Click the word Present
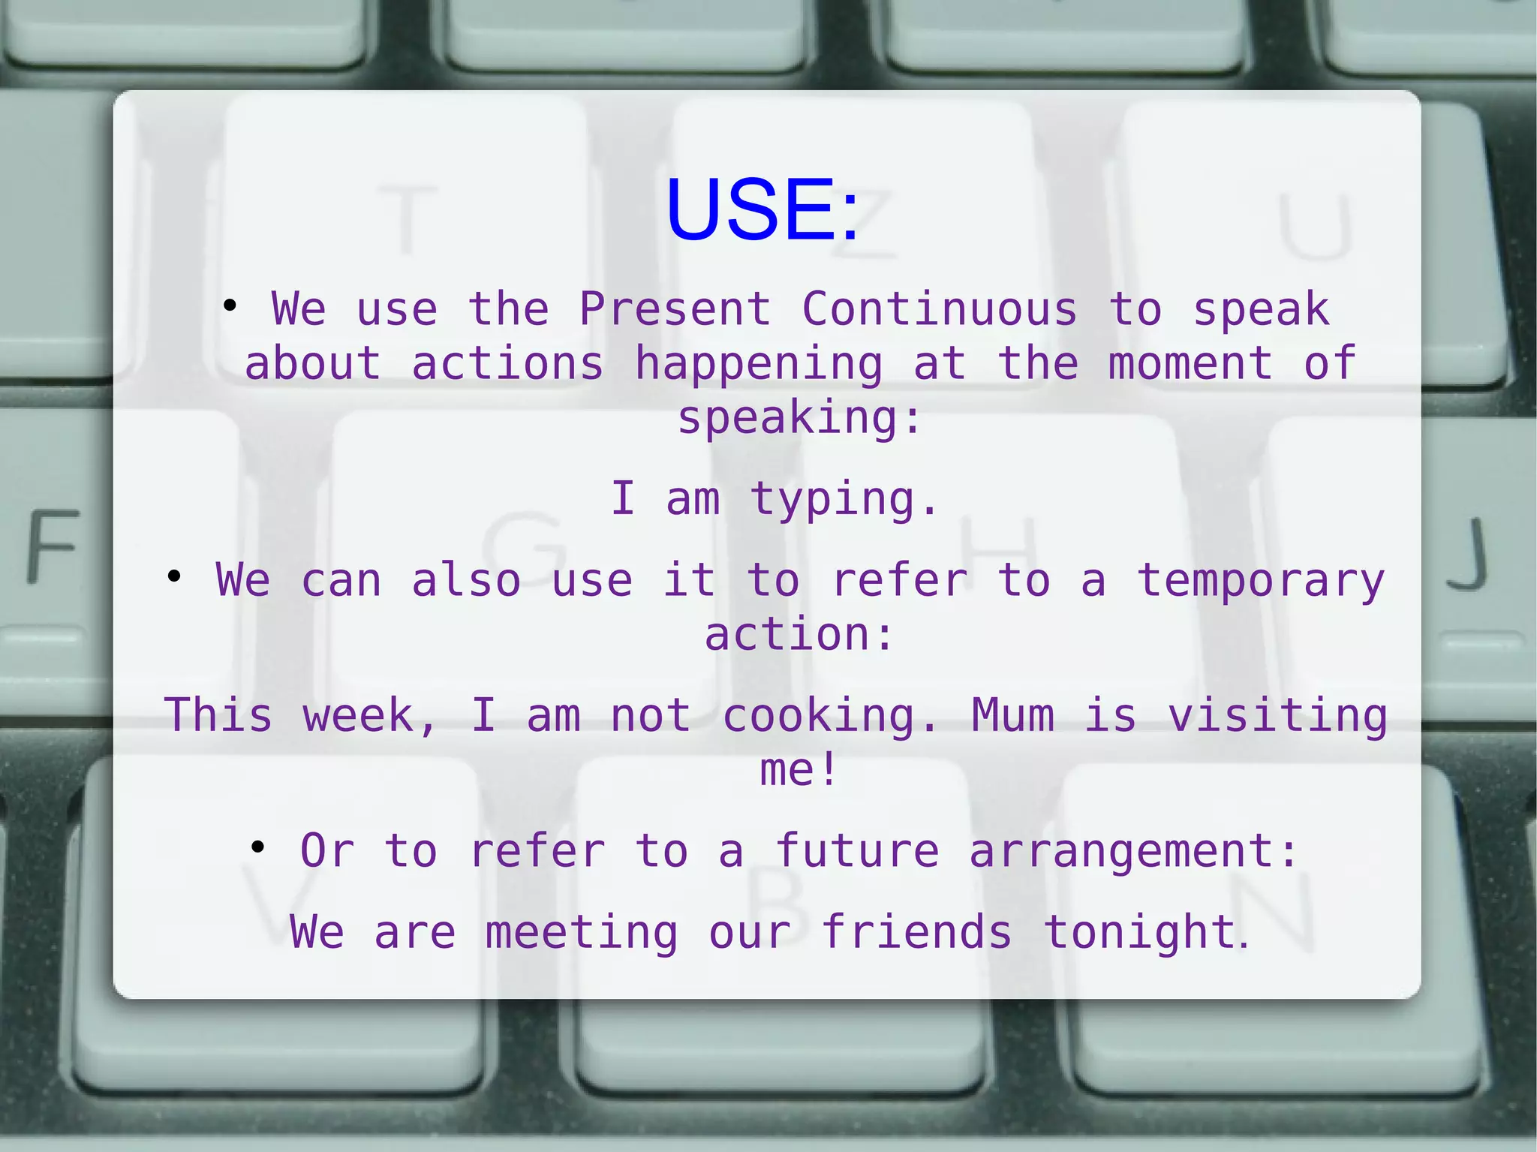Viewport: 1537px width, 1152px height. [675, 308]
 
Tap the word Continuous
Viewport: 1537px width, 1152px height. [939, 308]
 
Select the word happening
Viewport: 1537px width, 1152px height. [758, 365]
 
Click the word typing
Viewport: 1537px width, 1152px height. [844, 500]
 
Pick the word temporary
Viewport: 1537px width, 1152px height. [1261, 582]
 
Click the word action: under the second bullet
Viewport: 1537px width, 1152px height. [799, 635]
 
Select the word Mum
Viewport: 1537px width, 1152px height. [1012, 715]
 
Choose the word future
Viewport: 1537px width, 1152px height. [856, 851]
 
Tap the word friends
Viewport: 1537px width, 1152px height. [916, 933]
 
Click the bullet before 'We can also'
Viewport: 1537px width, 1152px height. [174, 577]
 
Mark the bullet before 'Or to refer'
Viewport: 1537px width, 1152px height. [258, 847]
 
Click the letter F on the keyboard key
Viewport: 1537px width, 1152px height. [53, 546]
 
